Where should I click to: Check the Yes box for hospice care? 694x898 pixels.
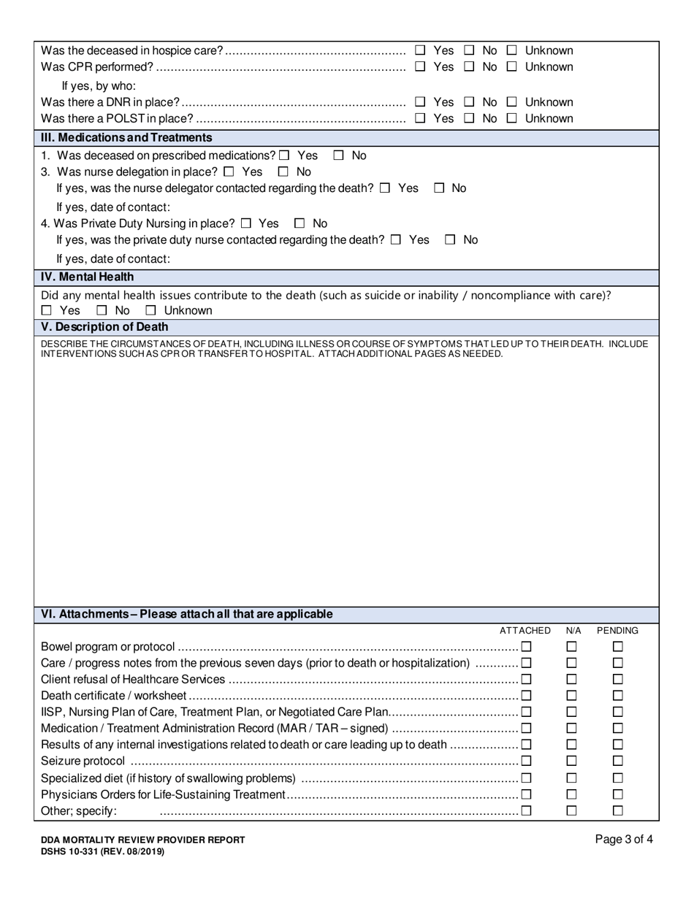(x=420, y=50)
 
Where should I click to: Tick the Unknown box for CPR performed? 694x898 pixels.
(x=512, y=67)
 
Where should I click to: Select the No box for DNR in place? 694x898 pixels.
(x=470, y=102)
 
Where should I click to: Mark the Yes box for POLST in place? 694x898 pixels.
(x=420, y=118)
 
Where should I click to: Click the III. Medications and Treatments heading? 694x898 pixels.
(x=126, y=137)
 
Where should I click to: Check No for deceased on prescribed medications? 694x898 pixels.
(x=339, y=156)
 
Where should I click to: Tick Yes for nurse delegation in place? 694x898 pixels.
(x=229, y=172)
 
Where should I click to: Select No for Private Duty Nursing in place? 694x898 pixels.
(x=300, y=223)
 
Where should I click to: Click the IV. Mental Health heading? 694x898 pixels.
(x=87, y=277)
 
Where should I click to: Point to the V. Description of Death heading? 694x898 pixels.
(x=104, y=326)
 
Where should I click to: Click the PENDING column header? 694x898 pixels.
(x=617, y=630)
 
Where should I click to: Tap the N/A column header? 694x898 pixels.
(x=573, y=630)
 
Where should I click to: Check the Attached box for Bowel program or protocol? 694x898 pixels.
(x=526, y=646)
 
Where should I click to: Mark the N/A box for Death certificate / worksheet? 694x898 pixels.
(x=572, y=695)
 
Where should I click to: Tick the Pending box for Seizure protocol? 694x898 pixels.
(x=618, y=761)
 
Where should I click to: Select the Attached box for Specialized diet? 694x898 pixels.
(x=526, y=778)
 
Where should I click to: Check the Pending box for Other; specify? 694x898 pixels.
(x=618, y=810)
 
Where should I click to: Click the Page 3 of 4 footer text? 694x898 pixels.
(x=624, y=840)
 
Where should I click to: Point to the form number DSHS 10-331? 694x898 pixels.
(x=103, y=851)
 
